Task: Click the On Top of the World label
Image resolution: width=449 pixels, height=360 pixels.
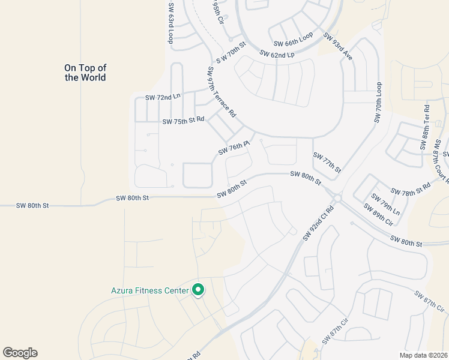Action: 85,73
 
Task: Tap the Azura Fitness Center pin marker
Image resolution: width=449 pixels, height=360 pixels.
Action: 198,290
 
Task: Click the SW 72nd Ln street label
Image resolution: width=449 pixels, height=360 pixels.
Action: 163,97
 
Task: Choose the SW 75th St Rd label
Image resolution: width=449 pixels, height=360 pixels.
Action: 183,121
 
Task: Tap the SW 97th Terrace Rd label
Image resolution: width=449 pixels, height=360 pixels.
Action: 221,92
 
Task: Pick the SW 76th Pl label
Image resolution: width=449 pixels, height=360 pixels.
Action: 234,148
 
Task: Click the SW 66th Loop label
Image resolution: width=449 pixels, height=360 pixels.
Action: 294,40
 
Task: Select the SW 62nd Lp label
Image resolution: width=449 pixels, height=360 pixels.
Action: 277,53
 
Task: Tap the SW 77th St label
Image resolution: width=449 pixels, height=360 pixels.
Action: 327,163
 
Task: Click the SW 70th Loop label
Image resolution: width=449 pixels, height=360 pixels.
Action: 378,103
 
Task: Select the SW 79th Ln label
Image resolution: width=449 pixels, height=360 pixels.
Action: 385,205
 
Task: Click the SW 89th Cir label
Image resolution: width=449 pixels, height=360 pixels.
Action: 378,215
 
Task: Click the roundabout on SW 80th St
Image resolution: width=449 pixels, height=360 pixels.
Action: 337,198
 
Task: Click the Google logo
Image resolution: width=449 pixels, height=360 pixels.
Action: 20,353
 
